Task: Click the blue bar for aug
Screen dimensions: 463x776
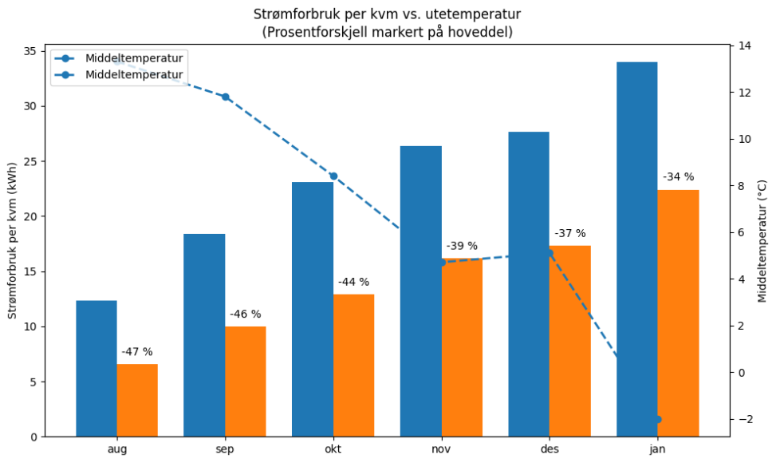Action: (97, 369)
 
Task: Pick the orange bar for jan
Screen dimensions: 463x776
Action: (678, 313)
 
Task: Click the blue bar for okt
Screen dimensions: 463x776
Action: (313, 309)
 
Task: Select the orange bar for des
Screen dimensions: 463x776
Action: (570, 341)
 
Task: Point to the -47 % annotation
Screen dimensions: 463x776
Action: (137, 351)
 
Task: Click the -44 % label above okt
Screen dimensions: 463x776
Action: (353, 282)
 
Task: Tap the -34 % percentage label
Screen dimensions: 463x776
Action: (678, 176)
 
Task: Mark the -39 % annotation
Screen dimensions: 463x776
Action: (462, 246)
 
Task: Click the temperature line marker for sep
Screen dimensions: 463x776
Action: (225, 97)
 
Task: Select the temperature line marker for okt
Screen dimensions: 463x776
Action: (333, 176)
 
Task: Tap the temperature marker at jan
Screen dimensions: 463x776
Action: (658, 419)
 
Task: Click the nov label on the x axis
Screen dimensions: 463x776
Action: (441, 449)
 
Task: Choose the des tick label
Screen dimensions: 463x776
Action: (550, 449)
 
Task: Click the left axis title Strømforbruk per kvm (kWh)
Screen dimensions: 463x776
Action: (12, 243)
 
